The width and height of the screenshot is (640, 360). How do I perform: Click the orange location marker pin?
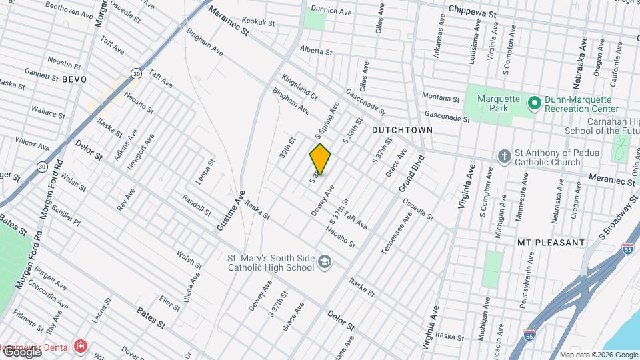(x=320, y=159)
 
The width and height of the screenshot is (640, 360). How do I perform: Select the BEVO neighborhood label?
(x=75, y=79)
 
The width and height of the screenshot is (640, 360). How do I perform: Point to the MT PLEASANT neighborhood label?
(x=551, y=243)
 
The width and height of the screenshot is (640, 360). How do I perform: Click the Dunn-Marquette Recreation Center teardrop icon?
(x=533, y=103)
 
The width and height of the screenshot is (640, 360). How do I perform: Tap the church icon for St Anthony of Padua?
(x=505, y=155)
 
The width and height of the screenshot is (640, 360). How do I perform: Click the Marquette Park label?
(x=498, y=103)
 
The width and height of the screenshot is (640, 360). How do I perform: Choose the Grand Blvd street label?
(x=411, y=174)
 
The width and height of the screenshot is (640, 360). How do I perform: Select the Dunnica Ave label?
(x=332, y=12)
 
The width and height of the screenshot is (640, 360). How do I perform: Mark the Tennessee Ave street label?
(x=393, y=234)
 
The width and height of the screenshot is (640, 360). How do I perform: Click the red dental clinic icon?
(x=81, y=346)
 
